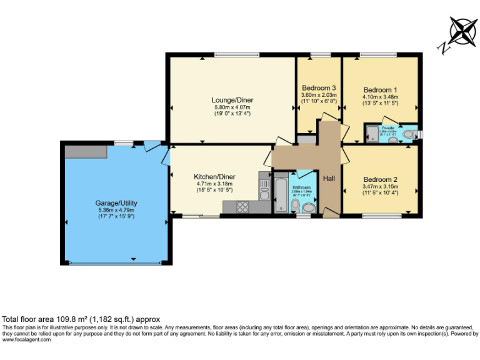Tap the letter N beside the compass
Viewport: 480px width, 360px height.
tap(442, 47)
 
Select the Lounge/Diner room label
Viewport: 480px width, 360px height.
tap(232, 100)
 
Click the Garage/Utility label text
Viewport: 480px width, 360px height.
tap(116, 203)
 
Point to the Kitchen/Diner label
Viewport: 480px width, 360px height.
tap(214, 177)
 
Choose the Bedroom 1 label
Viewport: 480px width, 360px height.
tap(380, 89)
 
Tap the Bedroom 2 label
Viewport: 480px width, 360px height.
tap(379, 179)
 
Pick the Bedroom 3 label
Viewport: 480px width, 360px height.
tap(319, 87)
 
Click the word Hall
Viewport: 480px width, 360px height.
tap(329, 179)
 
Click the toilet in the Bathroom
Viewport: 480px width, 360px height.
tap(307, 206)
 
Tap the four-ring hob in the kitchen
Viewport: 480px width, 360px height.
tap(242, 206)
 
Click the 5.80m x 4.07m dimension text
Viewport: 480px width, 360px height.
tap(232, 107)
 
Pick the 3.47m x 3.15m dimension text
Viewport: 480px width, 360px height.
tap(379, 186)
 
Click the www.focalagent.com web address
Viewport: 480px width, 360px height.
tap(25, 340)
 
